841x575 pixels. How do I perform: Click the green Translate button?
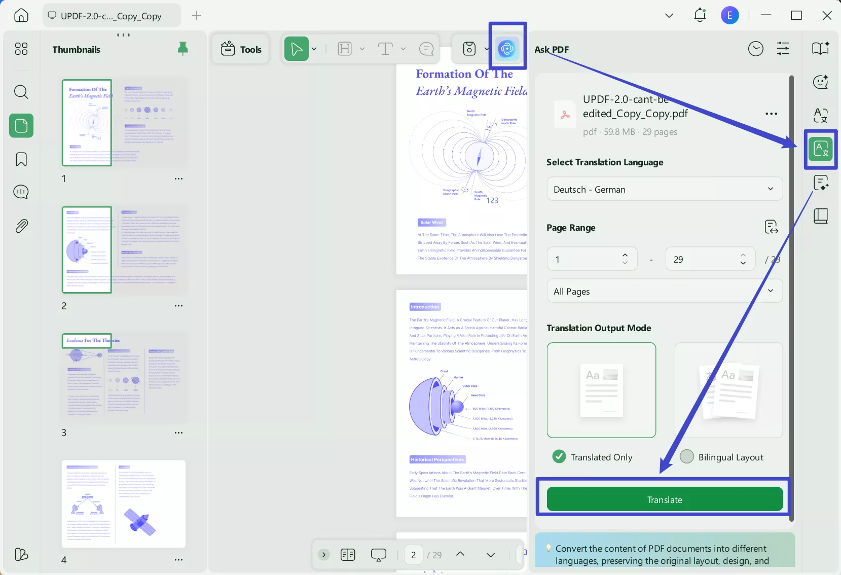pos(665,499)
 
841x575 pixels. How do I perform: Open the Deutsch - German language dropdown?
pos(664,189)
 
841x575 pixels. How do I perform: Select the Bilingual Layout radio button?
pos(687,457)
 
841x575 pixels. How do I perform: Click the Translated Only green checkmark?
pos(559,457)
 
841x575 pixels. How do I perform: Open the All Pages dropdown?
pos(664,291)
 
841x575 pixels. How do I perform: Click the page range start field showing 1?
pos(583,259)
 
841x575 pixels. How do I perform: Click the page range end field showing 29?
pos(702,259)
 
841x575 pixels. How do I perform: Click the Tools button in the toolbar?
pos(241,49)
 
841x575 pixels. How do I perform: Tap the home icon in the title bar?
pos(21,15)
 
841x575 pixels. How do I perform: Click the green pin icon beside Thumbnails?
pos(183,49)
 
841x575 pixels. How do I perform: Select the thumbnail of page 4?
pos(123,504)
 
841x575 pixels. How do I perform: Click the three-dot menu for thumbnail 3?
pos(178,433)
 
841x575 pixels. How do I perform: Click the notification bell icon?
pos(700,15)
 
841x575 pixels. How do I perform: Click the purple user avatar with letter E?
pos(729,15)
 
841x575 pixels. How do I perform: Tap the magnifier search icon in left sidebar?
pos(21,92)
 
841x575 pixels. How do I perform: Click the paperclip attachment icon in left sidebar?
pos(21,226)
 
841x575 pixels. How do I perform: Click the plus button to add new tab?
pos(197,16)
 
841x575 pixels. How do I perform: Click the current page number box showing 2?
pos(414,555)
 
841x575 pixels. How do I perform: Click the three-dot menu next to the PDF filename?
pos(771,114)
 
